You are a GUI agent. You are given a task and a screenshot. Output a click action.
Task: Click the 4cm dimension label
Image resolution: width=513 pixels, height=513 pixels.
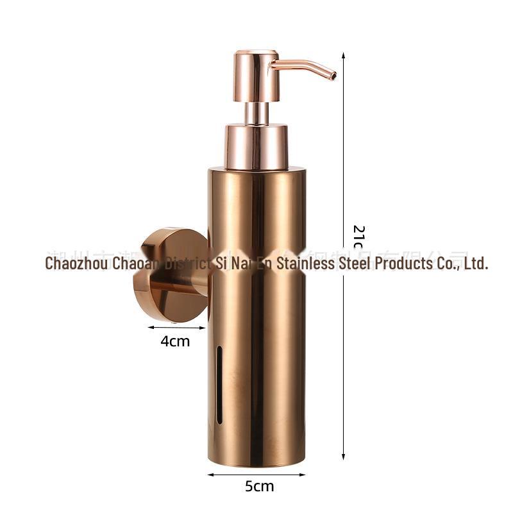[x=175, y=341]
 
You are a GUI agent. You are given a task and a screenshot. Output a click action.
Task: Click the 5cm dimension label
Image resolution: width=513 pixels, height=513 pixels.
[x=259, y=486]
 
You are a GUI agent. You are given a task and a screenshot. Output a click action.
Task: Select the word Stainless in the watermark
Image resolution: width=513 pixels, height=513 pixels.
[x=305, y=263]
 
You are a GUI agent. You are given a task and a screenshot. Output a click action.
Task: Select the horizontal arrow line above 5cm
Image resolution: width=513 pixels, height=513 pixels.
[x=256, y=475]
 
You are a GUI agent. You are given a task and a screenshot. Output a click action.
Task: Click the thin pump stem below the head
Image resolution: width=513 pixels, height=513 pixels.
[x=256, y=112]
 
